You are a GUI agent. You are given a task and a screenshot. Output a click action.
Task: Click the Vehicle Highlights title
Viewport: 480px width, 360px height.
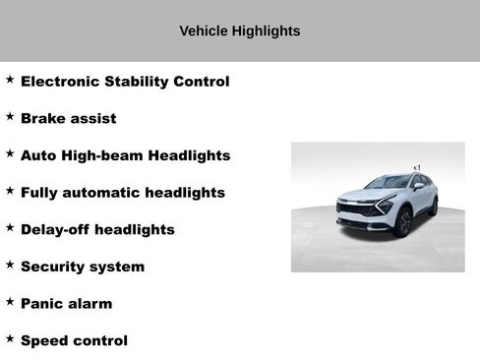coord(240,31)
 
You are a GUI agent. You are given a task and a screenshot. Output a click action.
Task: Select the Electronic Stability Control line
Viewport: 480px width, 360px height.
coord(125,82)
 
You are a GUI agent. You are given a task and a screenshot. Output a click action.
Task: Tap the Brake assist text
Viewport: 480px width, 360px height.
coord(69,119)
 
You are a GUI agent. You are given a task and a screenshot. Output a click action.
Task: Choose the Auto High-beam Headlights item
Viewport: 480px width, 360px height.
coord(125,155)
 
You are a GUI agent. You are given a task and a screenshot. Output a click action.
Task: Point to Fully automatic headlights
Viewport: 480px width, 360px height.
coord(123,193)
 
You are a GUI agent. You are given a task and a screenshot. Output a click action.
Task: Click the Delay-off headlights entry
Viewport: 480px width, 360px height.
coord(97,230)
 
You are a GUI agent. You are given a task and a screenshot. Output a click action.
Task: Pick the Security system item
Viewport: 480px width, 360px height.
coord(83,268)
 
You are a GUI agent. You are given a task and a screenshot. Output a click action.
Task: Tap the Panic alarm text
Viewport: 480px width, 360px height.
coord(67,304)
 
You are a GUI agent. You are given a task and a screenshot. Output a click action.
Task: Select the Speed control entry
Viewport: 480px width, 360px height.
coord(74,341)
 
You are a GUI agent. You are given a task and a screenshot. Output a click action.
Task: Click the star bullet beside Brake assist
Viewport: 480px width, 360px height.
coord(10,116)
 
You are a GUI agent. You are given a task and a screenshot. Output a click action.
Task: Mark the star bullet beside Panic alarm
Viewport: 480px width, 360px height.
coord(10,301)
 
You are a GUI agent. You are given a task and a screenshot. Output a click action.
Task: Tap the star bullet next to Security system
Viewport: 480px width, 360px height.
coord(10,265)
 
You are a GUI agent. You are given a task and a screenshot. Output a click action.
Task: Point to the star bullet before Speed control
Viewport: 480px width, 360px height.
coord(10,338)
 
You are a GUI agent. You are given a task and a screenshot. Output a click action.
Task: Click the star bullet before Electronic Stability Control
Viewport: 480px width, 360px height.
coord(10,79)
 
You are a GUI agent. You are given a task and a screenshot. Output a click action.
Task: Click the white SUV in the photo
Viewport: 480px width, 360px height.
coord(387,205)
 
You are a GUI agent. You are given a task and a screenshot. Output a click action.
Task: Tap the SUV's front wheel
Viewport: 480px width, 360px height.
coord(402,222)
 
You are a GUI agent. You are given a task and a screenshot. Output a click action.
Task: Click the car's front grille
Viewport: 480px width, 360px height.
coord(356,210)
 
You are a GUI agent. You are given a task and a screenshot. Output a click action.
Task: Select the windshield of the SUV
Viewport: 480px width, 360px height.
coord(388,183)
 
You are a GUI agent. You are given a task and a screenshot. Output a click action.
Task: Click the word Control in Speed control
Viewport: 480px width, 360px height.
coord(100,341)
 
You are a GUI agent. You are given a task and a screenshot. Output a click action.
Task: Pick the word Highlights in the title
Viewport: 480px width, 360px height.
coord(266,31)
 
